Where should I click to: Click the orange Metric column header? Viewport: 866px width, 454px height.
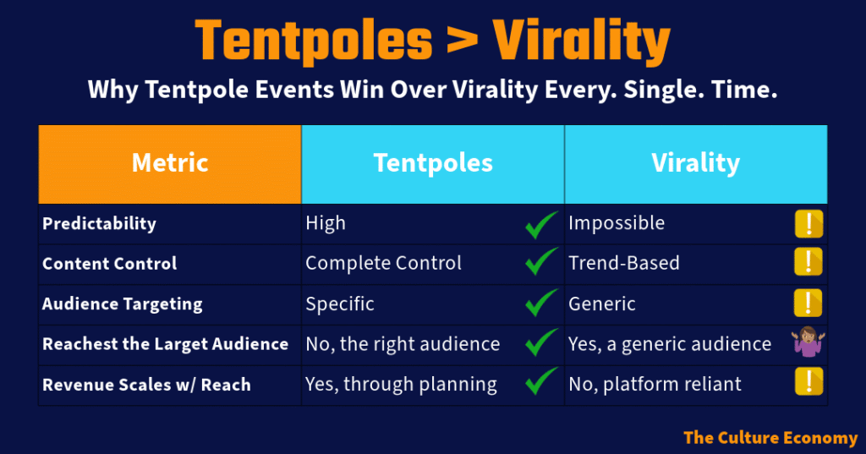click(x=170, y=164)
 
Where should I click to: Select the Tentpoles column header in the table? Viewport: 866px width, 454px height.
click(x=433, y=164)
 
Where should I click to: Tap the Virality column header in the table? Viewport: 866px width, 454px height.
click(x=696, y=164)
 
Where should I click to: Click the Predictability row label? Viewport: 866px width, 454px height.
click(x=100, y=224)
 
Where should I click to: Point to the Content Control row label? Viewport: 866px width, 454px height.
click(x=109, y=264)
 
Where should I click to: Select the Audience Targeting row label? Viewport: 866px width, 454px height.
click(x=123, y=304)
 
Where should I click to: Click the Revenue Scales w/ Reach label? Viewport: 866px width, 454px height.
click(x=146, y=385)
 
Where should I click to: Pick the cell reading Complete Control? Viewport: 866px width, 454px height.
click(x=383, y=264)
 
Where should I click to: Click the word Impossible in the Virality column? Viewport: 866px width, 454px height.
click(x=617, y=223)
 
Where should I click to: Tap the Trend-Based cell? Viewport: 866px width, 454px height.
click(x=624, y=264)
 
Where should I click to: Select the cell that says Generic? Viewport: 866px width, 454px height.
click(x=602, y=304)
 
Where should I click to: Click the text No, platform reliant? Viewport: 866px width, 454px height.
click(x=655, y=385)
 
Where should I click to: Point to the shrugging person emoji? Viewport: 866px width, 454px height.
click(x=808, y=342)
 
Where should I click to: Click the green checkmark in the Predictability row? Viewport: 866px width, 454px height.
click(x=540, y=224)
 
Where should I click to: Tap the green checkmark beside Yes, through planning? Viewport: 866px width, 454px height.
click(x=540, y=381)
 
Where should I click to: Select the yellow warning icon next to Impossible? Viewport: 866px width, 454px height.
click(x=809, y=224)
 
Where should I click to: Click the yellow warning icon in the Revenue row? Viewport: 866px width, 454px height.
click(x=809, y=381)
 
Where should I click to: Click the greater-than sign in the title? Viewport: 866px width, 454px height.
click(x=462, y=41)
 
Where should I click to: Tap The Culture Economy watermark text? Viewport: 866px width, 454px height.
click(x=770, y=438)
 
